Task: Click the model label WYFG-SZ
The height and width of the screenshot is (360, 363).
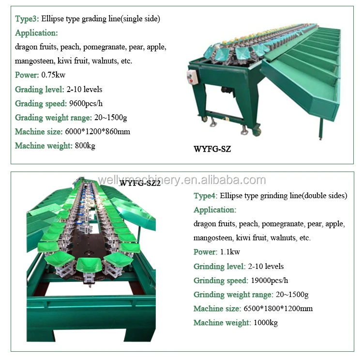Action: (x=212, y=149)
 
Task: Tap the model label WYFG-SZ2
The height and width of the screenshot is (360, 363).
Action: (x=140, y=183)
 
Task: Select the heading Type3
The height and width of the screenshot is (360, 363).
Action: (x=27, y=19)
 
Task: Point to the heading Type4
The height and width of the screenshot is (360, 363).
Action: (x=205, y=196)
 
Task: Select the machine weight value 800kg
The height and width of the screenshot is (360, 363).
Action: (x=85, y=146)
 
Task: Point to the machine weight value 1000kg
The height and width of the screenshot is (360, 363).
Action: (x=265, y=323)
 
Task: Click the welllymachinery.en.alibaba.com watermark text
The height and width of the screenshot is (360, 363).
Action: (x=181, y=180)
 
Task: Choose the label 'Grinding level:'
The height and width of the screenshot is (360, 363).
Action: (x=219, y=266)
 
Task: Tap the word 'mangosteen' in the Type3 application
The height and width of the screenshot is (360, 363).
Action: (x=34, y=61)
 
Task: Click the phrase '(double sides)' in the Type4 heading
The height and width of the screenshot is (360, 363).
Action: (x=322, y=196)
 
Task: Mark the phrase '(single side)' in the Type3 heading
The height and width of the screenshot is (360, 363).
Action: (x=140, y=19)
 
